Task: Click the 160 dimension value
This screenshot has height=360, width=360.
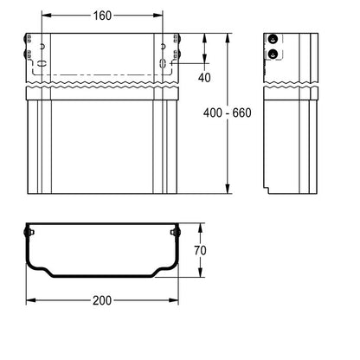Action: pos(102,16)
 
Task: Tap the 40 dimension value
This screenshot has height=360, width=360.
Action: pos(204,77)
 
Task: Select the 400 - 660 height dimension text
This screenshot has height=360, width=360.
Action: pos(228,112)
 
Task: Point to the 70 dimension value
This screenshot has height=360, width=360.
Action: pos(200,250)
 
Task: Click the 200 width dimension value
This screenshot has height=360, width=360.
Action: pos(102,300)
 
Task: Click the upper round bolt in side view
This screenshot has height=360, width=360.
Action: pos(273,39)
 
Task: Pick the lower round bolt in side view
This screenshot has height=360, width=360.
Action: pos(273,54)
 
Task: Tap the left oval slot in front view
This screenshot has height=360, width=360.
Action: pos(42,63)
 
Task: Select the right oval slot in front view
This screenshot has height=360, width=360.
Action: pos(163,63)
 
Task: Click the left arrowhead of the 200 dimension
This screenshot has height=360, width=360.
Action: pos(30,300)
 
